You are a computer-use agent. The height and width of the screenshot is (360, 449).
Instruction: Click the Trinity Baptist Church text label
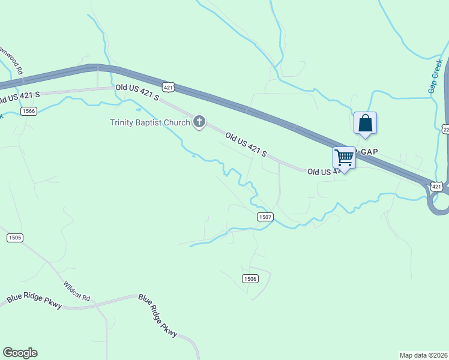pyautogui.click(x=149, y=123)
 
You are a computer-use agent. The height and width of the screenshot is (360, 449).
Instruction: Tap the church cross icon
pyautogui.click(x=199, y=123)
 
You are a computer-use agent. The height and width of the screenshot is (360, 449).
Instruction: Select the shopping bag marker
pyautogui.click(x=365, y=124)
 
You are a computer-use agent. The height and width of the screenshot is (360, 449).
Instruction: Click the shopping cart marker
pyautogui.click(x=345, y=158)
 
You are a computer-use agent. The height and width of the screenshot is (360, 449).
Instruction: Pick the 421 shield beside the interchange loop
pyautogui.click(x=438, y=188)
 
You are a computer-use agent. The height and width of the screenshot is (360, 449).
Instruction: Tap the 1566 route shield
pyautogui.click(x=28, y=111)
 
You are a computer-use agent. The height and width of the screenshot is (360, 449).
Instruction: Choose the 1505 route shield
pyautogui.click(x=15, y=238)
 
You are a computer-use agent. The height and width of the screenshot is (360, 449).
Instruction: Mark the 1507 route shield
pyautogui.click(x=265, y=217)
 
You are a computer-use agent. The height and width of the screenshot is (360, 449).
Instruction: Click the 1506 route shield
pyautogui.click(x=250, y=278)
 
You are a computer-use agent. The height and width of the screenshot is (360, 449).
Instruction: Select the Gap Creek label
pyautogui.click(x=436, y=76)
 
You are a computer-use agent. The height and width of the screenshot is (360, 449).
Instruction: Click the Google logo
pyautogui.click(x=20, y=353)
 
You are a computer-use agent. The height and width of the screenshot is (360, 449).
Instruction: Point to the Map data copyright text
pyautogui.click(x=423, y=355)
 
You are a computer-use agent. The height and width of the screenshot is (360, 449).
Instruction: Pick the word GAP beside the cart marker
pyautogui.click(x=368, y=152)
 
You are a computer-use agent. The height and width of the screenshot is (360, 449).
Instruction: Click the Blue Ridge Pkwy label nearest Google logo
pyautogui.click(x=34, y=301)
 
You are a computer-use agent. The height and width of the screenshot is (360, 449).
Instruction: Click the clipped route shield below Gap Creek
pyautogui.click(x=446, y=130)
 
